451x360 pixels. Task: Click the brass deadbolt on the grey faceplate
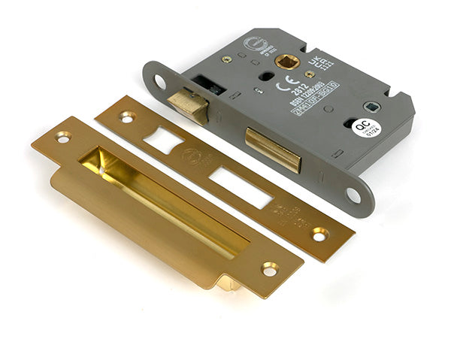[x=272, y=147]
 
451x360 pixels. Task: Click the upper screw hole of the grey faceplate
[x=159, y=81]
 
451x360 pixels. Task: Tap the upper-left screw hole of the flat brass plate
[x=125, y=116]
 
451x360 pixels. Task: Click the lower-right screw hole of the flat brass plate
[x=319, y=234]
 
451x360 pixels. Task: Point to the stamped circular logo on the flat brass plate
[x=192, y=157]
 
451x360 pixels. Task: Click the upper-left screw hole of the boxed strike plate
[x=61, y=137]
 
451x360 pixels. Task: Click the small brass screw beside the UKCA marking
[x=310, y=74]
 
